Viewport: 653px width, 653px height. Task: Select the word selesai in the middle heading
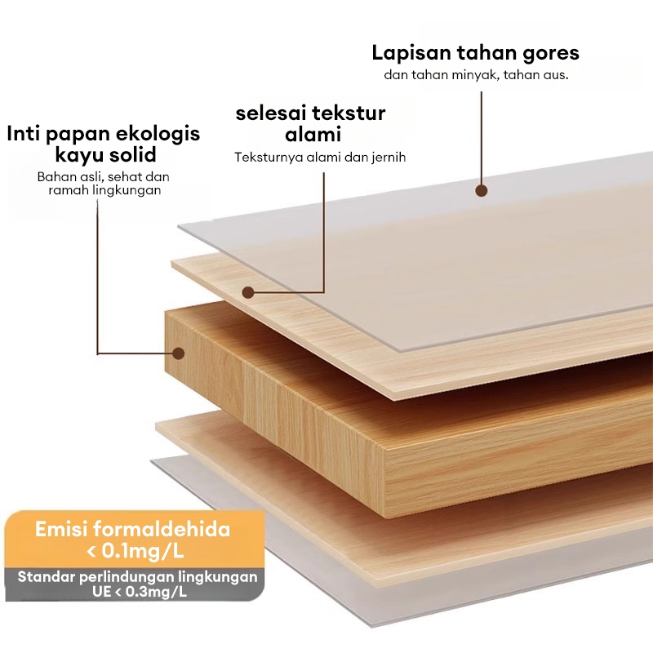269,113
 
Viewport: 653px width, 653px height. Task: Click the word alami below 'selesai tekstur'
313,134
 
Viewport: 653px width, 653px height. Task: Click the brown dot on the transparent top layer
482,190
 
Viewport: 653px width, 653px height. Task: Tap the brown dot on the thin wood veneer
248,291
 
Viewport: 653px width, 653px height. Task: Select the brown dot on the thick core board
179,353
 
